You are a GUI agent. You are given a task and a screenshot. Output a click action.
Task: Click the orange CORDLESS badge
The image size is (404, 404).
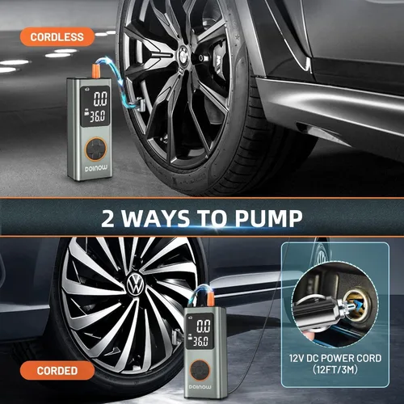click(57, 37)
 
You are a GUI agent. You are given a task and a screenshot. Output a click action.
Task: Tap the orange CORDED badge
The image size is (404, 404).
click(57, 371)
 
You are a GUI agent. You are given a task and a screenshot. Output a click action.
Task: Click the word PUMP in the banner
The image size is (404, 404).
click(268, 218)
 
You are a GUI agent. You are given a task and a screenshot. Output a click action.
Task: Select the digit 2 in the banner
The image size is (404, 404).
click(107, 218)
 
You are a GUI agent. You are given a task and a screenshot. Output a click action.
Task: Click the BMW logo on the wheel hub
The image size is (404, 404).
click(186, 54)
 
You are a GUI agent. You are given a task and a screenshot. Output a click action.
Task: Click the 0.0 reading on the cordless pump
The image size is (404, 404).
click(100, 99)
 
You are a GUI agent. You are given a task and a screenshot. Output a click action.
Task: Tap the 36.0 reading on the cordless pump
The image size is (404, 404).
click(97, 116)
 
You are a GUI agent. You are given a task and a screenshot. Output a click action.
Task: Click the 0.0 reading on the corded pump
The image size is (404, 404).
click(204, 326)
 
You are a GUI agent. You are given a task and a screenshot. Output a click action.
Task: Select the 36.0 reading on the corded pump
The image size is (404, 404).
click(200, 342)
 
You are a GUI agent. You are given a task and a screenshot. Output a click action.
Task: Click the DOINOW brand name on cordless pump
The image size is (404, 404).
click(96, 169)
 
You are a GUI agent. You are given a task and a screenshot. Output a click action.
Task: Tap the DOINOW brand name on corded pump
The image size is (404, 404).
click(200, 387)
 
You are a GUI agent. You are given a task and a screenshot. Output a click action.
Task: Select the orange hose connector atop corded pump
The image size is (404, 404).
click(210, 298)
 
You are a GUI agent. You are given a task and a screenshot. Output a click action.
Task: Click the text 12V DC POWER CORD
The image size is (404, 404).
click(335, 358)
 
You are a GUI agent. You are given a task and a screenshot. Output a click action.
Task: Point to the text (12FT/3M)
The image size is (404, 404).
click(335, 369)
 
